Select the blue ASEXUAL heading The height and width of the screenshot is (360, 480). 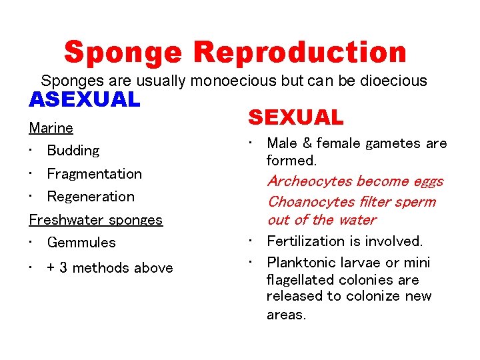[85, 100]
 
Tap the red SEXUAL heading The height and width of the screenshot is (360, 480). [295, 118]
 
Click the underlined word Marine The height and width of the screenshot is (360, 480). [51, 127]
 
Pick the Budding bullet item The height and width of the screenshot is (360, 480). [73, 151]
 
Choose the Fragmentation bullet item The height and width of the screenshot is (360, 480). [94, 174]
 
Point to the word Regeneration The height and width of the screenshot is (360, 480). [91, 197]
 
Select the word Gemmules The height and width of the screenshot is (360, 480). [81, 243]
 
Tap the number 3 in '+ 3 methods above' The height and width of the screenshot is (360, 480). [63, 268]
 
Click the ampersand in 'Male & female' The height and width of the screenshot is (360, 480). [307, 143]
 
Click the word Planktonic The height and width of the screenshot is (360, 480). [300, 263]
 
